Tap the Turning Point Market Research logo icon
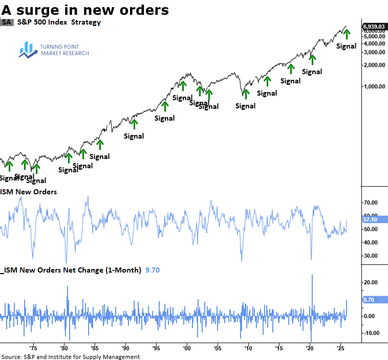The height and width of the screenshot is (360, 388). (26, 49)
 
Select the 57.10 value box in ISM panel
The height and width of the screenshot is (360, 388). (370, 219)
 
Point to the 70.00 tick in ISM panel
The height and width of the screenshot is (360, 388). (371, 202)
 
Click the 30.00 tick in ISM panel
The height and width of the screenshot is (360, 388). (371, 256)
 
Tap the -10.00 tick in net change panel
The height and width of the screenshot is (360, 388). (371, 333)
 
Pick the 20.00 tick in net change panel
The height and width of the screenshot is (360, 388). (371, 282)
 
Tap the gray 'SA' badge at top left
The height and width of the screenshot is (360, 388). (7, 22)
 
